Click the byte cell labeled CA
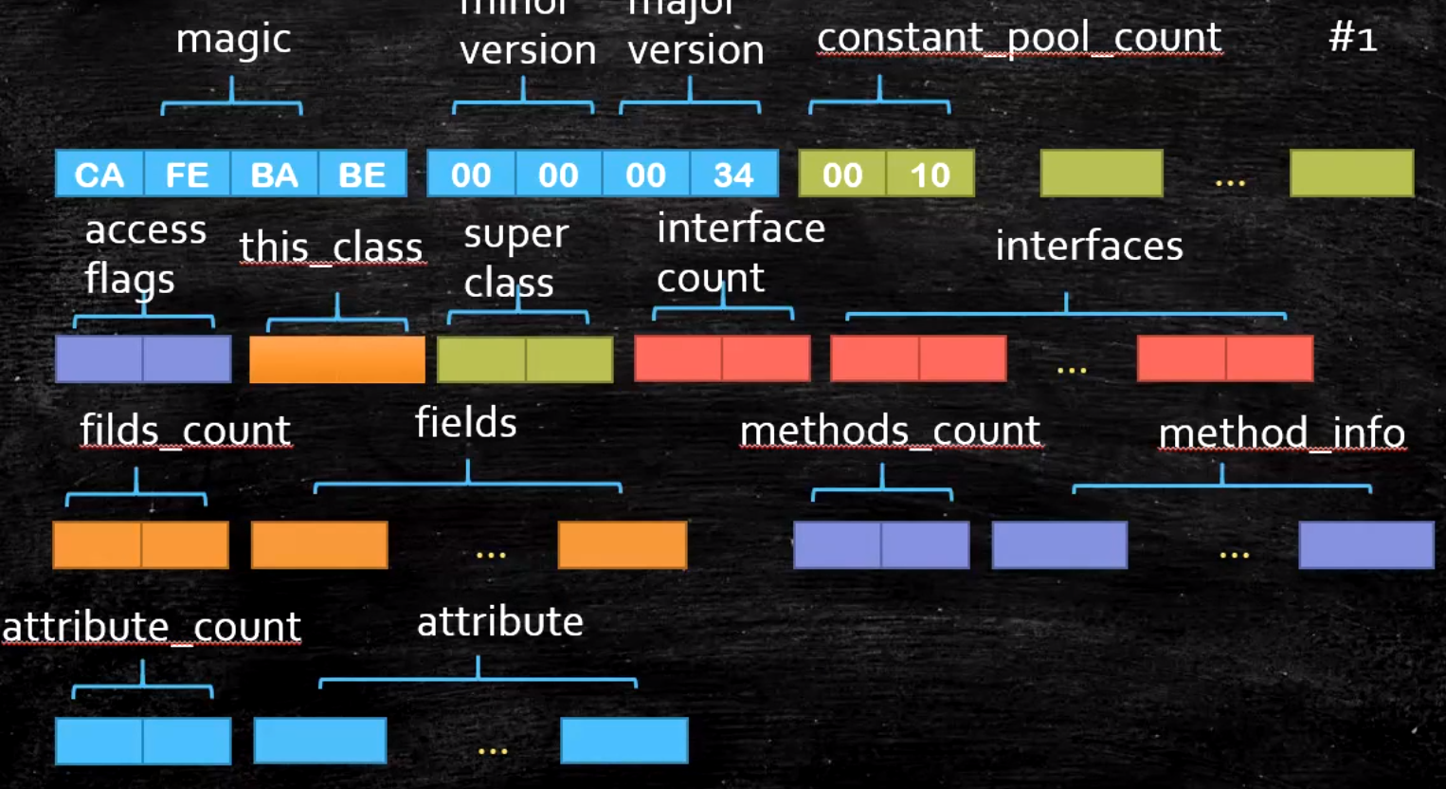coord(99,174)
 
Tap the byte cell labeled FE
coord(187,174)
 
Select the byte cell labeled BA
coord(274,174)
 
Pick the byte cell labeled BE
coord(362,174)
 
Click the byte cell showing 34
coord(733,174)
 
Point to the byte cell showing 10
coord(930,174)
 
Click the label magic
coord(233,40)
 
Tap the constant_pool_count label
coord(1019,38)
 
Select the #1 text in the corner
coord(1352,38)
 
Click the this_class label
coord(331,248)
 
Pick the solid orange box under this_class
coord(336,359)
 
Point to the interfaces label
coord(1089,247)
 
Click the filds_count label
coord(185,431)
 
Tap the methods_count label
coord(890,431)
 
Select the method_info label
coord(1281,433)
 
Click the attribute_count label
coord(152,627)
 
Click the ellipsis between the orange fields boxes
coord(491,554)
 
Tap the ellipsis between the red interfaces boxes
coord(1072,369)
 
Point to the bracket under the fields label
coord(467,485)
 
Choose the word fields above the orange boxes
coord(465,423)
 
